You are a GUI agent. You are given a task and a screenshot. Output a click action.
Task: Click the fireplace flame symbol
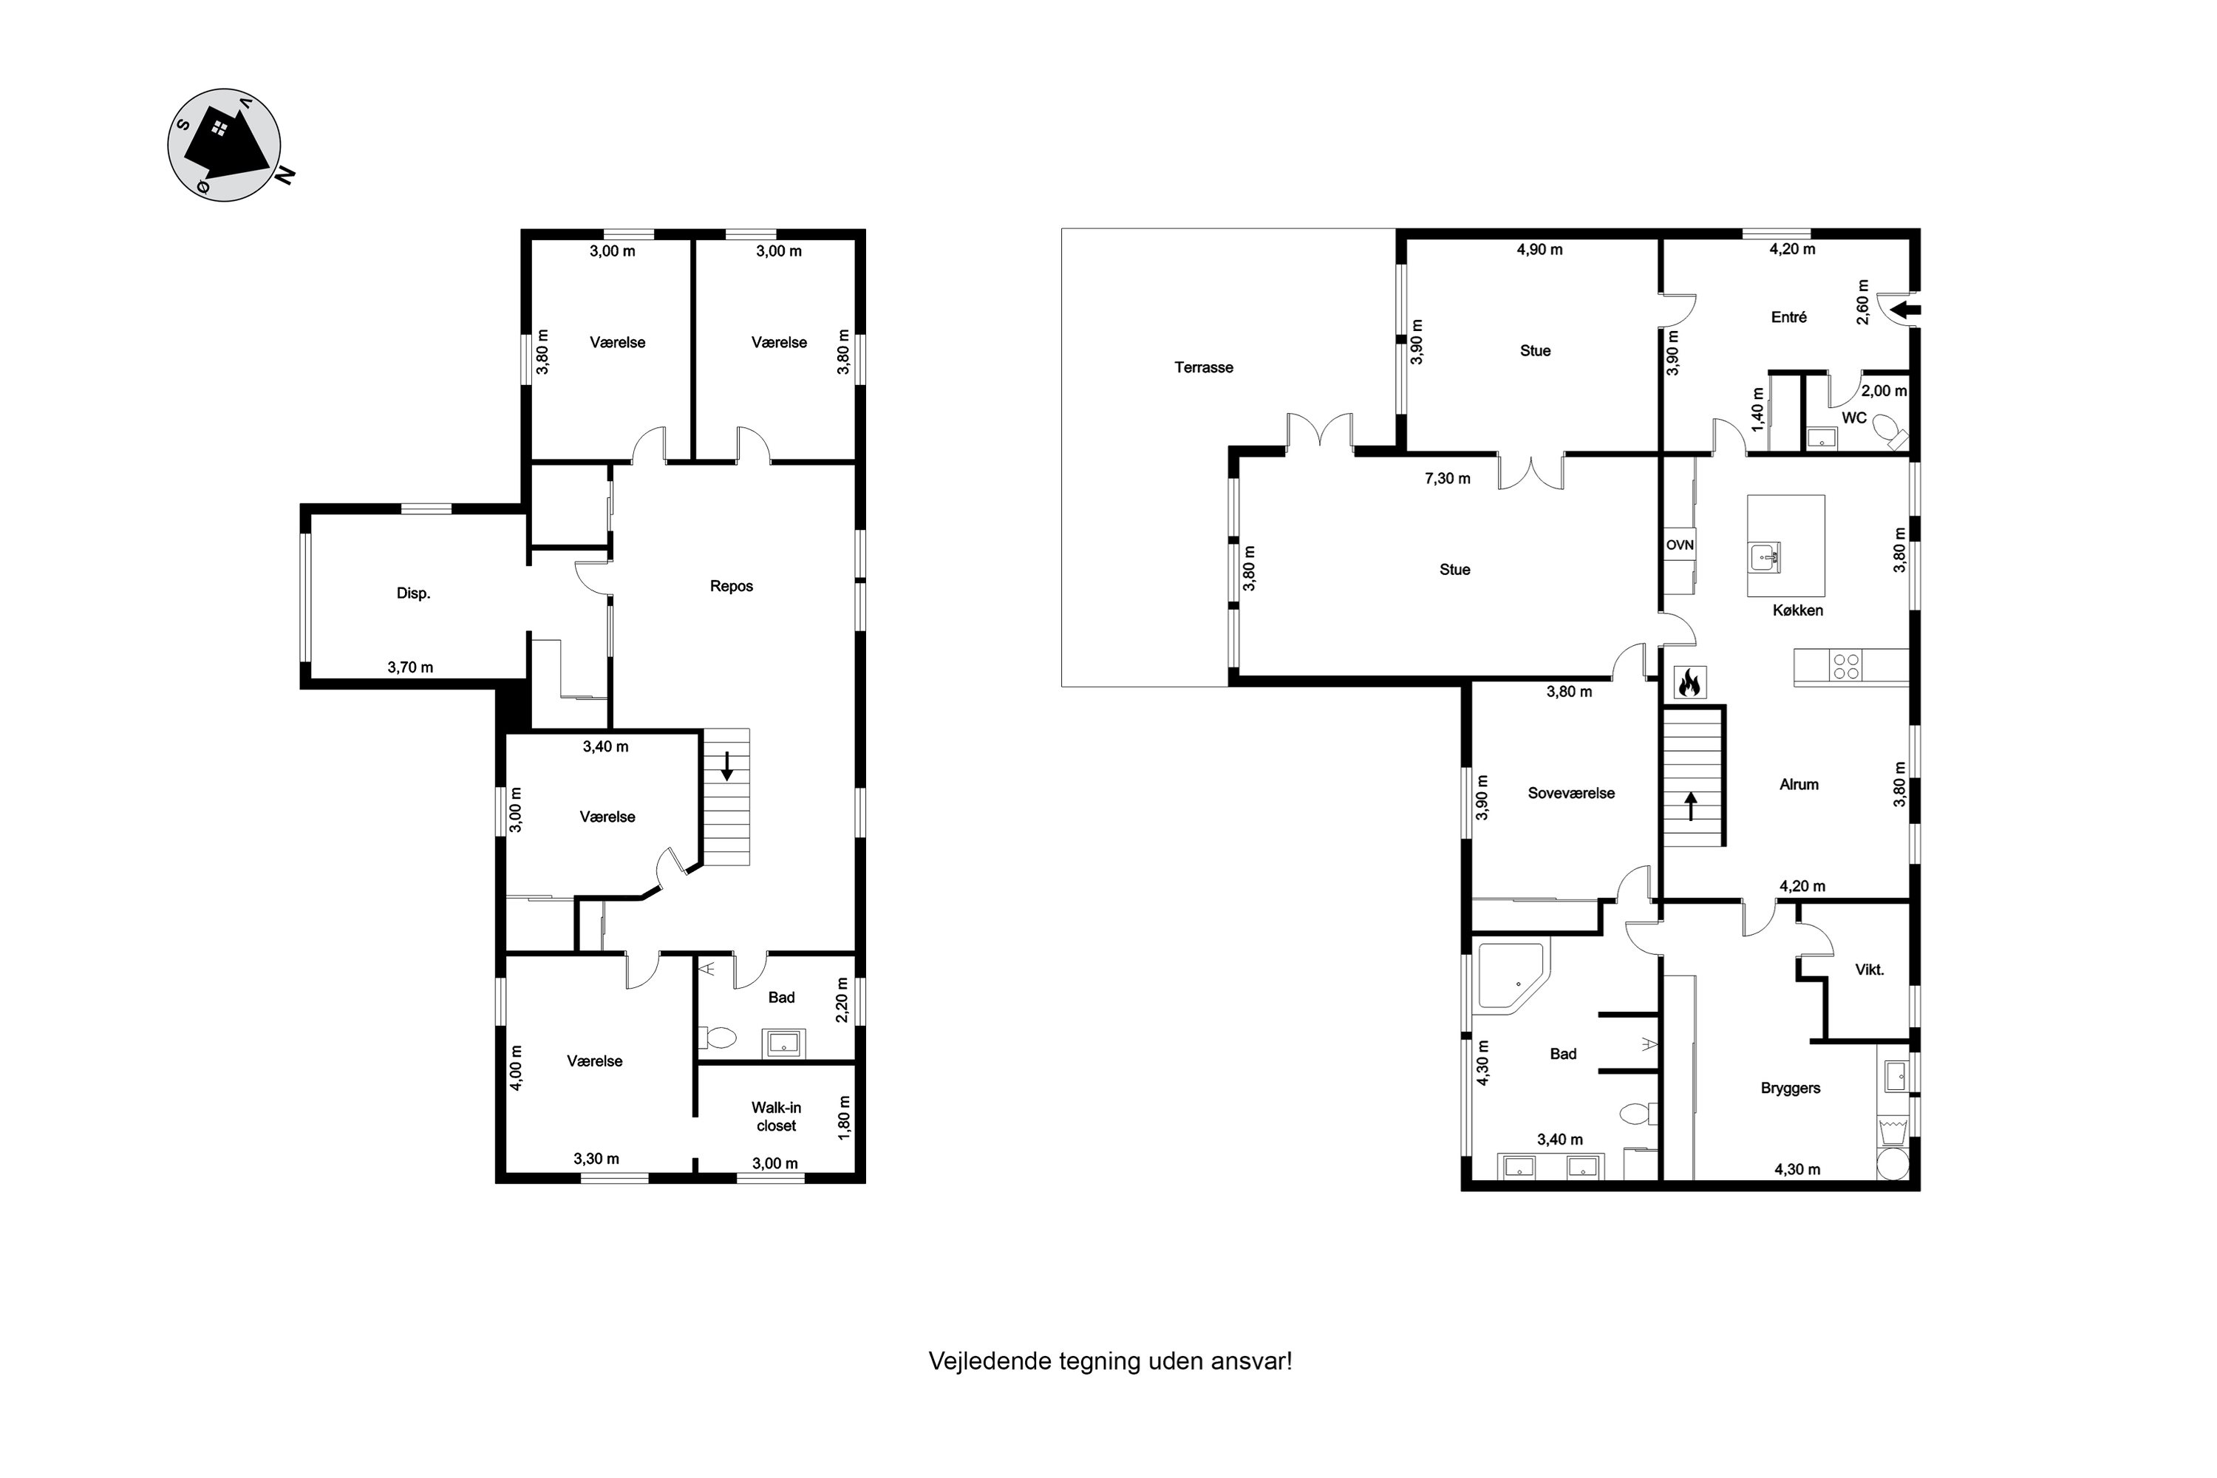pyautogui.click(x=1689, y=682)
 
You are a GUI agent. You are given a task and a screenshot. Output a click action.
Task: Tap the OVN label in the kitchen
pyautogui.click(x=1679, y=545)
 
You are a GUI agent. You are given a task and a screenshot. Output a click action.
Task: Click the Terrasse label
pyautogui.click(x=1204, y=367)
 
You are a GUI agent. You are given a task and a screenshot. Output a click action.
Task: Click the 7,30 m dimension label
pyautogui.click(x=1447, y=479)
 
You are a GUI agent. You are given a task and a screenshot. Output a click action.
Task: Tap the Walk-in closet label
pyautogui.click(x=776, y=1117)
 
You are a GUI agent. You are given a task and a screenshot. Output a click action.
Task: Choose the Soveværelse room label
pyautogui.click(x=1570, y=794)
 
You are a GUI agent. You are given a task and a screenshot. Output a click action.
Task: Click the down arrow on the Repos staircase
pyautogui.click(x=726, y=766)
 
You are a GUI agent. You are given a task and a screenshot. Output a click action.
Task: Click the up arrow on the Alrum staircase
pyautogui.click(x=1691, y=806)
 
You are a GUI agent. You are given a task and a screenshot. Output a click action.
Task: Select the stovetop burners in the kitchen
pyautogui.click(x=1847, y=667)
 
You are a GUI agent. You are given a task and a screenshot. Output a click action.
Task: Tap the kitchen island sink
pyautogui.click(x=1765, y=557)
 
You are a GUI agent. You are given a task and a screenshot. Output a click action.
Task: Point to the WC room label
pyautogui.click(x=1853, y=418)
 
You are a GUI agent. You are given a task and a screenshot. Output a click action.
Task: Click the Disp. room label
pyautogui.click(x=413, y=593)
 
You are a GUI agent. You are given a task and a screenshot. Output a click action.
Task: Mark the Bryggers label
pyautogui.click(x=1790, y=1089)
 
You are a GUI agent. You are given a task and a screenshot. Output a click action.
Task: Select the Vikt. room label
pyautogui.click(x=1869, y=970)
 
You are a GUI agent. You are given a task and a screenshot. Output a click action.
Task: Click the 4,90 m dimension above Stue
pyautogui.click(x=1539, y=250)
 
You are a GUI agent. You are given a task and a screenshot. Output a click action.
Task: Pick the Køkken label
pyautogui.click(x=1797, y=611)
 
